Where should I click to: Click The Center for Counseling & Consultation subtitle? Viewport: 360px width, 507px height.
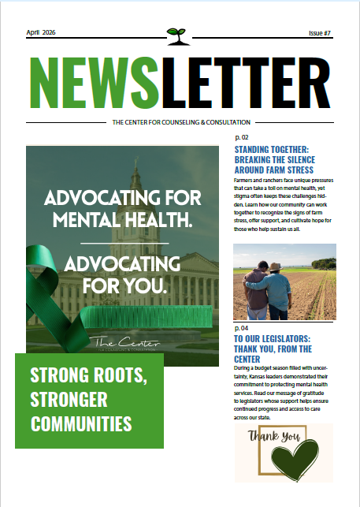point(181,122)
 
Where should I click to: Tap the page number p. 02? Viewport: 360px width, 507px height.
point(241,137)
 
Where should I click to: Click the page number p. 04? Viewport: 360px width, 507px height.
point(241,327)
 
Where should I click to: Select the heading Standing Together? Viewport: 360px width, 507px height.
point(274,158)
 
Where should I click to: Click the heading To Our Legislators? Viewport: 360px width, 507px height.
point(273,348)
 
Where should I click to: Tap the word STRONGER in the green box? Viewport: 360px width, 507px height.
point(69,399)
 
